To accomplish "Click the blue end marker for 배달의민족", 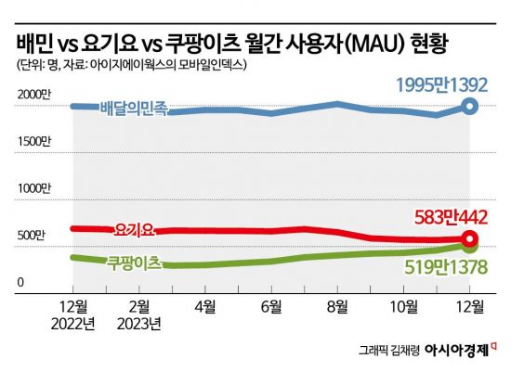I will pos(470,107).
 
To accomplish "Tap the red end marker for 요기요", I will pos(470,240).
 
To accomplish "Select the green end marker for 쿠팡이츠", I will pos(470,247).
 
